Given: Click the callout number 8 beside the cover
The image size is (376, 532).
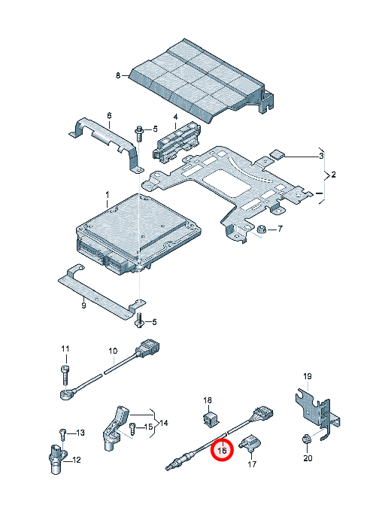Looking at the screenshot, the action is pyautogui.click(x=118, y=75).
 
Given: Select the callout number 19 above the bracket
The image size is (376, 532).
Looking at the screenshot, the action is pyautogui.click(x=307, y=376).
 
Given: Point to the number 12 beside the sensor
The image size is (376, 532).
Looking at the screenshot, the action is pyautogui.click(x=77, y=460).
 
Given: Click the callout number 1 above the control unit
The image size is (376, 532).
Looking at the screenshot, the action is pyautogui.click(x=107, y=195).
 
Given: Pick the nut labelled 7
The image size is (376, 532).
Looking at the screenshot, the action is pyautogui.click(x=261, y=230).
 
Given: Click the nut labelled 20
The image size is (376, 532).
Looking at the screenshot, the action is pyautogui.click(x=307, y=439).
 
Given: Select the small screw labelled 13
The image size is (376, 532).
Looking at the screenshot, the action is pyautogui.click(x=62, y=434).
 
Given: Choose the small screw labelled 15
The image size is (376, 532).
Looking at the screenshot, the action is pyautogui.click(x=132, y=429).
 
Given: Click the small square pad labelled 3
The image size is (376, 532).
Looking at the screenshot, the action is pyautogui.click(x=277, y=154).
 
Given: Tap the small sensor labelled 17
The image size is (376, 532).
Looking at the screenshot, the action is pyautogui.click(x=250, y=443).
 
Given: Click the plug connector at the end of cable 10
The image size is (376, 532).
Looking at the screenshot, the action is pyautogui.click(x=147, y=348).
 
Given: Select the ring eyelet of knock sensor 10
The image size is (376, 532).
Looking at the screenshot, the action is pyautogui.click(x=65, y=395).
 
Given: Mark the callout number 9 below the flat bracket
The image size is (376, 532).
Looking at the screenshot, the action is pyautogui.click(x=83, y=306).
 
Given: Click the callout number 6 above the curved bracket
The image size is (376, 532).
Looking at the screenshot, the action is pyautogui.click(x=109, y=116).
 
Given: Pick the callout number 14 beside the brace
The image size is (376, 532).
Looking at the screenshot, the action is pyautogui.click(x=164, y=423).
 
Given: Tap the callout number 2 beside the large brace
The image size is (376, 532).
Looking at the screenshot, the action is pyautogui.click(x=333, y=175).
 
